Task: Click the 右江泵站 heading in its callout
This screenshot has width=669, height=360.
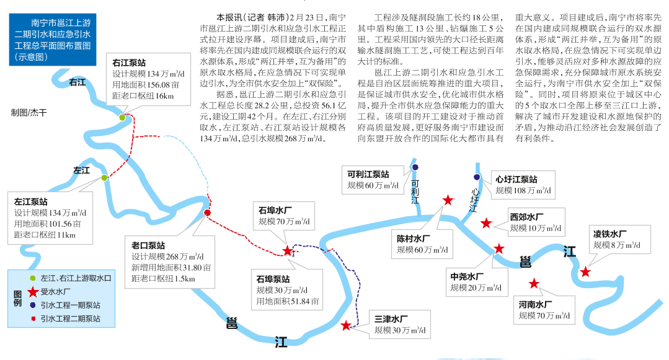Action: pyautogui.click(x=130, y=63)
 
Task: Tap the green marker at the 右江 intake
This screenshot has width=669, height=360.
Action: pyautogui.click(x=123, y=117)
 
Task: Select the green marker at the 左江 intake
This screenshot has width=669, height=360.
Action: pyautogui.click(x=104, y=178)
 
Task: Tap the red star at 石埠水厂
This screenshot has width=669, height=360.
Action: pyautogui.click(x=288, y=251)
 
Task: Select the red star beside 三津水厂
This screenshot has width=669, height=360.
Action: pyautogui.click(x=346, y=325)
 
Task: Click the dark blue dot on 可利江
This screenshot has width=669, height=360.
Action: pyautogui.click(x=414, y=167)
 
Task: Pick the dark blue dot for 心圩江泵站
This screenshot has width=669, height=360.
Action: pyautogui.click(x=477, y=177)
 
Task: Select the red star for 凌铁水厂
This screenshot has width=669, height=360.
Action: pyautogui.click(x=585, y=271)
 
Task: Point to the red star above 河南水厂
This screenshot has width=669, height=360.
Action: pyautogui.click(x=534, y=284)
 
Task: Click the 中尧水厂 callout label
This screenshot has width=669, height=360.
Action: pyautogui.click(x=467, y=276)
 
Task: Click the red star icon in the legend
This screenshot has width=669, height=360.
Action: pyautogui.click(x=33, y=291)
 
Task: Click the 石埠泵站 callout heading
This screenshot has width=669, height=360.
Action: pyautogui.click(x=273, y=278)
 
